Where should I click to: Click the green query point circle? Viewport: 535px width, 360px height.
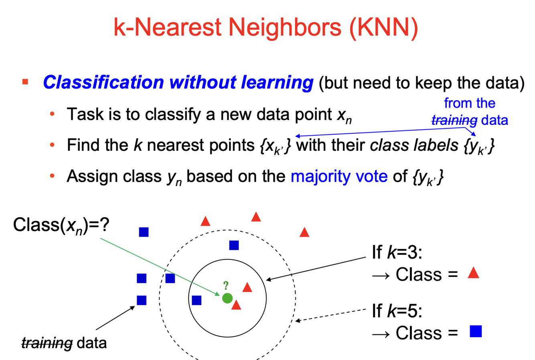pos(227,298)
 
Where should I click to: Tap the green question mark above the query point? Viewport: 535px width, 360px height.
pos(226,285)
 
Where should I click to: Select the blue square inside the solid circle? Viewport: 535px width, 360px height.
pos(197,300)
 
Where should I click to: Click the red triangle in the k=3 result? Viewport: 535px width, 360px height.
pos(474,273)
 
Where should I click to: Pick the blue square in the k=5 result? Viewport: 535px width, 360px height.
pos(476,332)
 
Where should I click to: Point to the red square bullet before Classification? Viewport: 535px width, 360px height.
pos(25,82)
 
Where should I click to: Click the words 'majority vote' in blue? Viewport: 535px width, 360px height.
pos(339,176)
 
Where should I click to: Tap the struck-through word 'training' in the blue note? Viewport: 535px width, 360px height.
pos(454,120)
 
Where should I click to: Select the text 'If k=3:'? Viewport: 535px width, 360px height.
pos(397,252)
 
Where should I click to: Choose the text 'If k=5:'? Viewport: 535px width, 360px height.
pos(397,311)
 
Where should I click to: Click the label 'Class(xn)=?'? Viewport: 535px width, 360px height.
pos(61,225)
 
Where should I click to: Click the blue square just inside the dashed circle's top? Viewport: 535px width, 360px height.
pos(234,245)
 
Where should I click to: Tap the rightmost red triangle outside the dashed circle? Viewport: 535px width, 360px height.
pos(304,232)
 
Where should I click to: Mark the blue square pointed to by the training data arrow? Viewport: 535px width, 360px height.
pos(142,300)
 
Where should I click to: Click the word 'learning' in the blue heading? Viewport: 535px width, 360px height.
pos(277,82)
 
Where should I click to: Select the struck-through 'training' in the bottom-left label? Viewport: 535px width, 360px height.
pos(47,343)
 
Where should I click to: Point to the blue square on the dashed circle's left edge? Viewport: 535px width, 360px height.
pos(170,278)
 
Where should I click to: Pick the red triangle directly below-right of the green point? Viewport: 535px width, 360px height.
pos(236,305)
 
